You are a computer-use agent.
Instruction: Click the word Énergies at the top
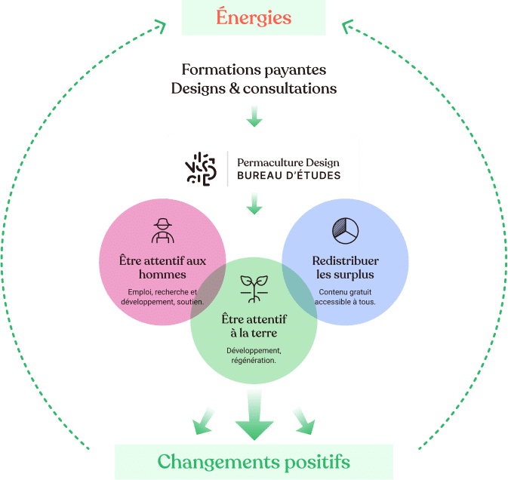point(254,17)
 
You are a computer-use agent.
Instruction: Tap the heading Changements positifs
point(254,460)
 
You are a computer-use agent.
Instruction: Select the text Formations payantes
point(254,69)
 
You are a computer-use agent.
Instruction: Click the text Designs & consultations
point(254,88)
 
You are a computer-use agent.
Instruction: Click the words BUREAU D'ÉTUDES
point(288,176)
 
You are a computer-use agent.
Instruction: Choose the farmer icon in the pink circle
point(162,230)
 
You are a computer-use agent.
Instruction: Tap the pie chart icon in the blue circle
point(345,230)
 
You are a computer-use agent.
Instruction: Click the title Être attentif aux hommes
point(162,267)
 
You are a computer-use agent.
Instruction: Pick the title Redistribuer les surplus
point(345,267)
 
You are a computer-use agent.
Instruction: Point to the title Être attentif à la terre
point(254,325)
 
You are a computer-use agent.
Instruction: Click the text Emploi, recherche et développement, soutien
point(162,297)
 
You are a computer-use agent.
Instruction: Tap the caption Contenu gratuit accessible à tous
point(345,297)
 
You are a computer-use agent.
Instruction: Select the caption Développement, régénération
point(254,355)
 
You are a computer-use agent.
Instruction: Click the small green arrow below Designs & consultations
point(254,116)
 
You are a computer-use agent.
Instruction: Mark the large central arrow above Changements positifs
point(254,415)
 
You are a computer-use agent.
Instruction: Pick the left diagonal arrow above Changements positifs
point(202,421)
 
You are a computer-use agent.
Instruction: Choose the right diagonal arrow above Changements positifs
point(303,421)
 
